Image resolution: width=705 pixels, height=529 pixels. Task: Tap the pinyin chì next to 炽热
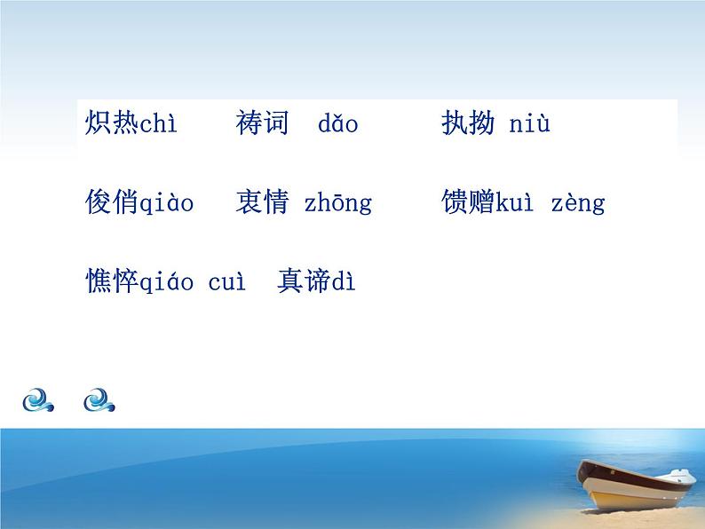tap(159, 124)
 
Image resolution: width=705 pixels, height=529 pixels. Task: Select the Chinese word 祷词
tap(263, 122)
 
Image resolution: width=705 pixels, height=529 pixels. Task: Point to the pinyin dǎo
tap(337, 124)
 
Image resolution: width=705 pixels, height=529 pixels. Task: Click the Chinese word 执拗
tap(468, 122)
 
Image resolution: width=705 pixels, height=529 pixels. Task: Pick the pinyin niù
tap(529, 123)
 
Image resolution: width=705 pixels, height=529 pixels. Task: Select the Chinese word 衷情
tap(263, 202)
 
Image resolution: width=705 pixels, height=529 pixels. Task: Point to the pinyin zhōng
tap(338, 204)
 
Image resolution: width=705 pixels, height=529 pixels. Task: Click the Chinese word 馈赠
tap(468, 202)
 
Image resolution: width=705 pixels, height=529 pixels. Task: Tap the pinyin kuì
tap(513, 203)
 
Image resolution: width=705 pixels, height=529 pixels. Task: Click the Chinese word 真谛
tap(304, 281)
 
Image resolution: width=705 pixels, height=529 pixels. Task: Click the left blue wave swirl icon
tap(39, 400)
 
